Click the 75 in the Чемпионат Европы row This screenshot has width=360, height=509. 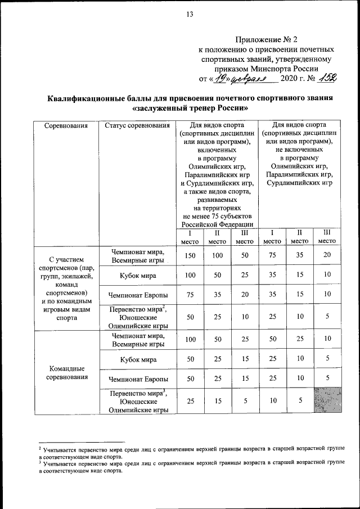pyautogui.click(x=190, y=294)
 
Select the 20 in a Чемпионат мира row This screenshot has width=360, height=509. pyautogui.click(x=327, y=256)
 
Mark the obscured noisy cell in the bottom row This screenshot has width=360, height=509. pyautogui.click(x=327, y=400)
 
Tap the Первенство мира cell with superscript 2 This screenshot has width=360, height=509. pyautogui.click(x=137, y=317)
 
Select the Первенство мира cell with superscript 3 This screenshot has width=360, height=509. pyautogui.click(x=137, y=401)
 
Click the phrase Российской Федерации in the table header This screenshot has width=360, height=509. pyautogui.click(x=217, y=225)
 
